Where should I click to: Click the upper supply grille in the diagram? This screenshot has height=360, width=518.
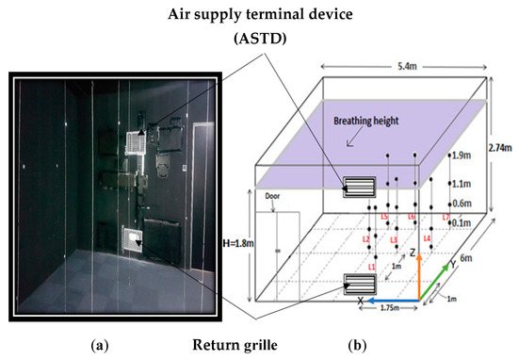(x=359, y=185)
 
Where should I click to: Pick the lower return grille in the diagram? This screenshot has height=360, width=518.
(x=359, y=282)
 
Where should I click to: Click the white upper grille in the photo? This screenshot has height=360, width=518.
(x=138, y=141)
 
